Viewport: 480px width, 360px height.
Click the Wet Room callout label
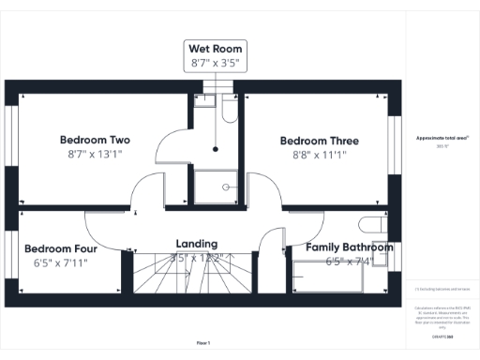216,48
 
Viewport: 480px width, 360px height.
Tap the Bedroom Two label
94,136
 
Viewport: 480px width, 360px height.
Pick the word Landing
197,243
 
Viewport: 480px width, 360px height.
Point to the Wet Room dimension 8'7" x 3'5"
216,63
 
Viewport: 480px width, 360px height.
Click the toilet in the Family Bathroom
373,227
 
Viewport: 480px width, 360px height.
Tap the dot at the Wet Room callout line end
216,148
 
